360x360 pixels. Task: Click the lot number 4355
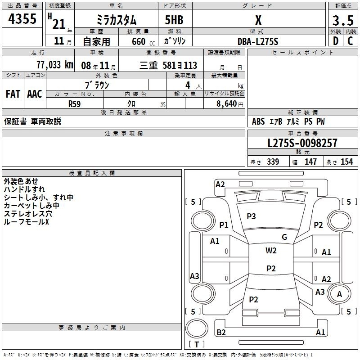point(22,18)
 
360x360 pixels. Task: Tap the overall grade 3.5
point(343,20)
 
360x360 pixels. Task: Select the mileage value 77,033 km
point(54,65)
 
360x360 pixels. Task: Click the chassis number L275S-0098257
point(302,143)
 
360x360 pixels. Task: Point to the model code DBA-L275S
point(258,41)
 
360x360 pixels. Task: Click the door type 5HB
point(174,20)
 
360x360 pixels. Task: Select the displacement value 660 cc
point(143,42)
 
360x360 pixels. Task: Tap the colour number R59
point(75,104)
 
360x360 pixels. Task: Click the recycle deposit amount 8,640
point(227,103)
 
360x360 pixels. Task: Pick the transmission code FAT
point(13,94)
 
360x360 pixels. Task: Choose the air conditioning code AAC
point(35,94)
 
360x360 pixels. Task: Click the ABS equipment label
point(258,121)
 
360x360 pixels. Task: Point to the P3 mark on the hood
point(251,216)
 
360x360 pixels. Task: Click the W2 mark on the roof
point(271,250)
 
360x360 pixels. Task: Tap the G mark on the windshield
point(284,237)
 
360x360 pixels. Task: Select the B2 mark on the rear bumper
point(221,332)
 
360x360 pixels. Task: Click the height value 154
point(346,162)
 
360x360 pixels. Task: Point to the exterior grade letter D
point(336,41)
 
